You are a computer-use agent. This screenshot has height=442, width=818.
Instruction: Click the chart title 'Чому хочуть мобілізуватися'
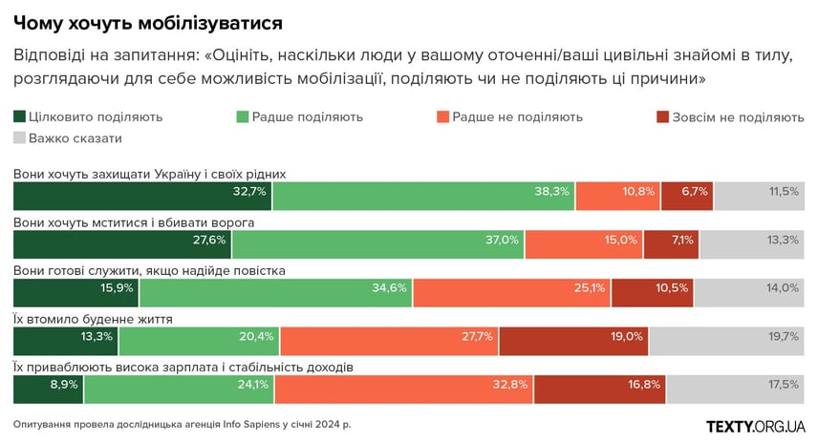point(147,20)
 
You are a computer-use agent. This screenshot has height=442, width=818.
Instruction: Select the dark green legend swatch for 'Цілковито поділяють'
point(19,117)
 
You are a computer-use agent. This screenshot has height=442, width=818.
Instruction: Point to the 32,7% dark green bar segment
point(142,195)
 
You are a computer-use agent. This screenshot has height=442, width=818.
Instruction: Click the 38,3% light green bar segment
point(423,195)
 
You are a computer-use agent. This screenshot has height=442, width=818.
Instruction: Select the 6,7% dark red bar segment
point(687,195)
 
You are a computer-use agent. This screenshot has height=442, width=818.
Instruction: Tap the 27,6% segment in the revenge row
point(122,243)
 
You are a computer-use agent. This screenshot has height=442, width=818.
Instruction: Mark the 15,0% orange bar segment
point(584,243)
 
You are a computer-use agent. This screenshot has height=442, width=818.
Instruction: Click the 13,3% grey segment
point(753,243)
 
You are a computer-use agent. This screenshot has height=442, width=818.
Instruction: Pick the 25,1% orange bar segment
point(511,292)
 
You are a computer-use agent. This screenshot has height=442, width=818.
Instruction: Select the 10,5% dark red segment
point(652,292)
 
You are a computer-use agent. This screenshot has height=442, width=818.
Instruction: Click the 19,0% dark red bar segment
point(573,341)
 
